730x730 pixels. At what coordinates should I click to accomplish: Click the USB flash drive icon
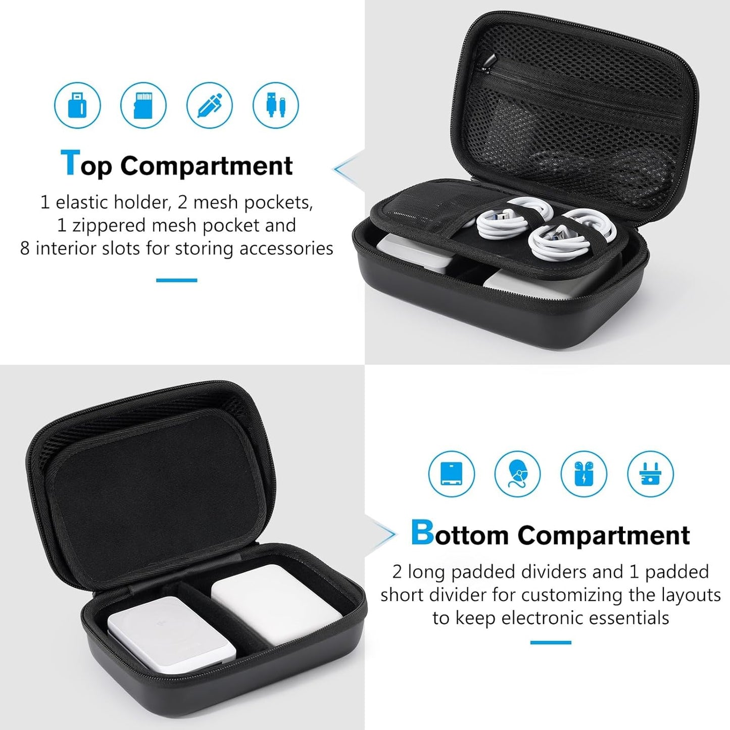[77, 106]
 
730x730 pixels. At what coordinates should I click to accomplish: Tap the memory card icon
[143, 106]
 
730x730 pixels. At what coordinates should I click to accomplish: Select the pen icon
[210, 106]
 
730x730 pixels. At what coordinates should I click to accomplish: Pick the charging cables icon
[276, 106]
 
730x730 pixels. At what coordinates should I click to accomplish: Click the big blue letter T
[70, 163]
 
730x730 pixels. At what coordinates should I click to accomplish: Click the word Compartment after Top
[206, 166]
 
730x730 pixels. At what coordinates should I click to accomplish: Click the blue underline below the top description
[176, 280]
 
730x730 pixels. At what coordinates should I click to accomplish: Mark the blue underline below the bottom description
[551, 643]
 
